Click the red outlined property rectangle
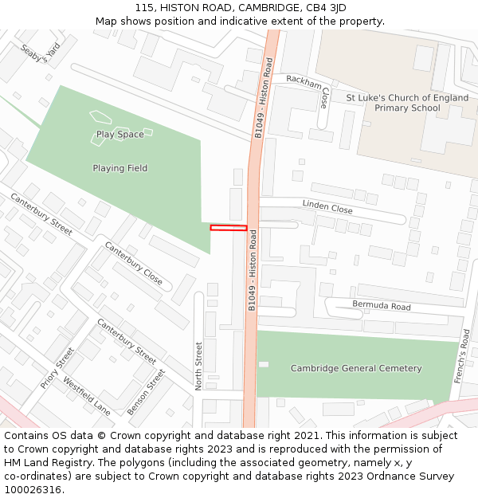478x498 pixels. (x=229, y=229)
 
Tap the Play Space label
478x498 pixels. (x=119, y=135)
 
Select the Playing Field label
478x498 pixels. (x=119, y=169)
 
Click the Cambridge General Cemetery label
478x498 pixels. (x=356, y=368)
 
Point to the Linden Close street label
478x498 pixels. (x=327, y=207)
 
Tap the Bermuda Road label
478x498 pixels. (x=382, y=306)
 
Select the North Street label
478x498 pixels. (x=199, y=365)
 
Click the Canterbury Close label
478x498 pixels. (x=134, y=264)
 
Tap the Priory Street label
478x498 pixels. (x=57, y=367)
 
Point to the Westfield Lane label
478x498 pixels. (x=87, y=396)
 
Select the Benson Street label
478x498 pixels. (x=147, y=391)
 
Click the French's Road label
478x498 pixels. (x=463, y=356)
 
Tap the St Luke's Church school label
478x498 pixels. (x=406, y=102)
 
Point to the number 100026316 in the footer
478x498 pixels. (x=33, y=489)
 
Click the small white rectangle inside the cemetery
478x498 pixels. (x=264, y=364)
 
